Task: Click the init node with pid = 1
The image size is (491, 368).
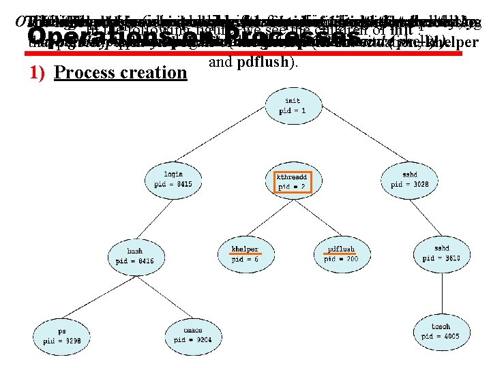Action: click(289, 106)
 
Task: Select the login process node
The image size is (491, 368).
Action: click(173, 179)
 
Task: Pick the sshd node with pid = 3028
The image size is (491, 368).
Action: click(409, 179)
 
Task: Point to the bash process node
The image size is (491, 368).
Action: click(135, 256)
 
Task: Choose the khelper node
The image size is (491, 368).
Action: click(244, 254)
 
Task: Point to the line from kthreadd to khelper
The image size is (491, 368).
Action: click(269, 217)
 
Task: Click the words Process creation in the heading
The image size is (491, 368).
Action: click(120, 72)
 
